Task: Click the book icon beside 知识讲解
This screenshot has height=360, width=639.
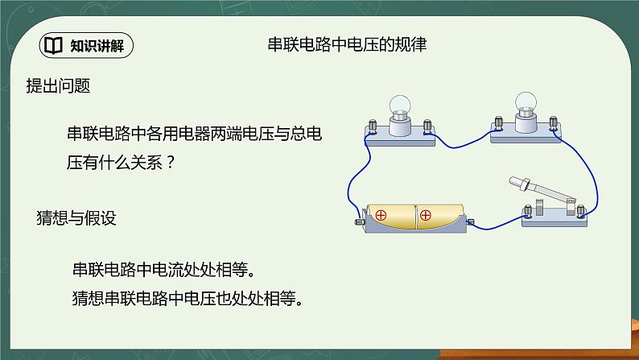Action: [52, 45]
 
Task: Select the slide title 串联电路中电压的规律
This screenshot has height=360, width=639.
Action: [346, 45]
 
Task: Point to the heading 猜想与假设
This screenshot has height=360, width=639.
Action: [77, 217]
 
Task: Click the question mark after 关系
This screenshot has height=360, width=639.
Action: [170, 161]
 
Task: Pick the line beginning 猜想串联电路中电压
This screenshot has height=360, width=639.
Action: [187, 299]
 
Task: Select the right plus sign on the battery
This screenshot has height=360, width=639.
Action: [426, 216]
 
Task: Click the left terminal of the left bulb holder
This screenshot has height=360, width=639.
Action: [372, 127]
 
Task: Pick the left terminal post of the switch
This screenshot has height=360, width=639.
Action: [529, 212]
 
